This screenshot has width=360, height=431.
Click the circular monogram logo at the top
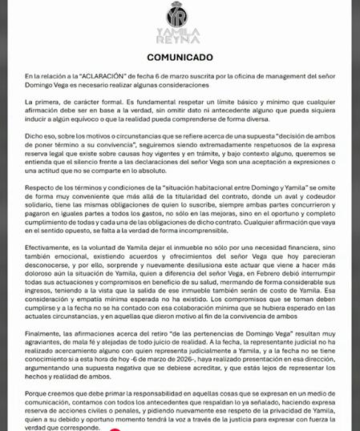coord(180,15)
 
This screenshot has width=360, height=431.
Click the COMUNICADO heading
coord(180,58)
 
